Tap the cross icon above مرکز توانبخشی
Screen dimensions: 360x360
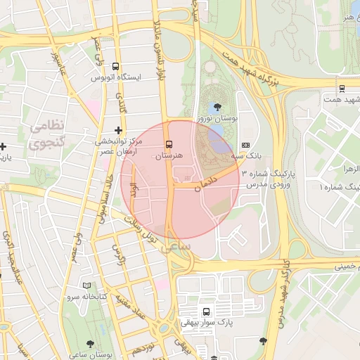(x=118, y=130)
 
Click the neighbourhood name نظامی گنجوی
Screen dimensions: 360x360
(x=47, y=134)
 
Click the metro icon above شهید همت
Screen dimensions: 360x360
(x=342, y=89)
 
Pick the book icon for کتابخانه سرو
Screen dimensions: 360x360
(x=87, y=285)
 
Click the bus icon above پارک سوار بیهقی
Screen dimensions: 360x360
(x=206, y=311)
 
